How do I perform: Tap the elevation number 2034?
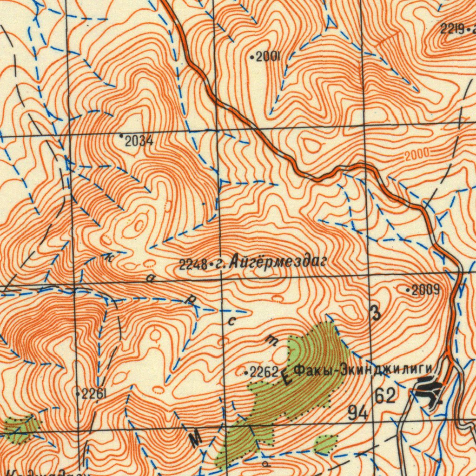point(139,141)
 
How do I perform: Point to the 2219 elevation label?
point(452,30)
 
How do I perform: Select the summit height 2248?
point(193,265)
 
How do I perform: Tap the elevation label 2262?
point(264,371)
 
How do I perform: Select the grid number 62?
point(385,396)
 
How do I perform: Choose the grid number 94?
point(358,412)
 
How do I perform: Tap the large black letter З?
point(376,313)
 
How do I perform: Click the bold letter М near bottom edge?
point(197,438)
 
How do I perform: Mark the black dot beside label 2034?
point(121,135)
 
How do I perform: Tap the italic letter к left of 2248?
point(108,259)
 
